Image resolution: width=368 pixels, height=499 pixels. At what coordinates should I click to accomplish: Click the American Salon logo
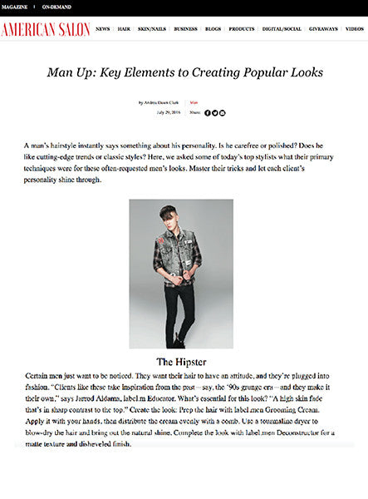coord(45,29)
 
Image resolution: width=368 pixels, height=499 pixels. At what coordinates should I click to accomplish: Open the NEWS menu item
coord(102,29)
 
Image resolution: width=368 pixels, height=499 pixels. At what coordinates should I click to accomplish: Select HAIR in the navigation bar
coord(124,29)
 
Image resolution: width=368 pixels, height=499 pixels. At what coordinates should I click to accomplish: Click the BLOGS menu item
coord(213,29)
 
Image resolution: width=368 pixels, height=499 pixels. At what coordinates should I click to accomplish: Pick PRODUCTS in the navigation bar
coord(242,29)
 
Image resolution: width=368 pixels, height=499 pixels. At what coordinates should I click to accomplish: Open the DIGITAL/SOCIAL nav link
coord(282,29)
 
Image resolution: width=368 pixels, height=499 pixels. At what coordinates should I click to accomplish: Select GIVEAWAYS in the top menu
coord(323,29)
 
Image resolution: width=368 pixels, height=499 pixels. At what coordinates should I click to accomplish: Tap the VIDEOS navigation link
coord(355,29)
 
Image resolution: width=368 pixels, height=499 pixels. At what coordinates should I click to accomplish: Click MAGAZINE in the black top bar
coord(15,7)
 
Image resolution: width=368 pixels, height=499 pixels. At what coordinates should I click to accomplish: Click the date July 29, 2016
coord(169,112)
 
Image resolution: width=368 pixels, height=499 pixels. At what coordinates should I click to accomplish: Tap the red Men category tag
coord(194,101)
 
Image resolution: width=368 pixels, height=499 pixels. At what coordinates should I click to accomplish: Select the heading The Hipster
coord(180,362)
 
